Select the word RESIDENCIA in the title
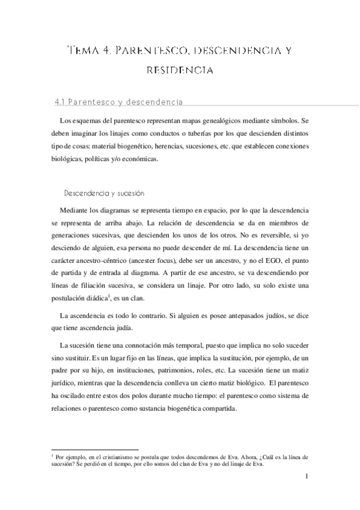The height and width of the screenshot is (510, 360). [180, 70]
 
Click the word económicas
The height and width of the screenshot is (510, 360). [139, 159]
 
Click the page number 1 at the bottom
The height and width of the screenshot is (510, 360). [307, 478]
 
